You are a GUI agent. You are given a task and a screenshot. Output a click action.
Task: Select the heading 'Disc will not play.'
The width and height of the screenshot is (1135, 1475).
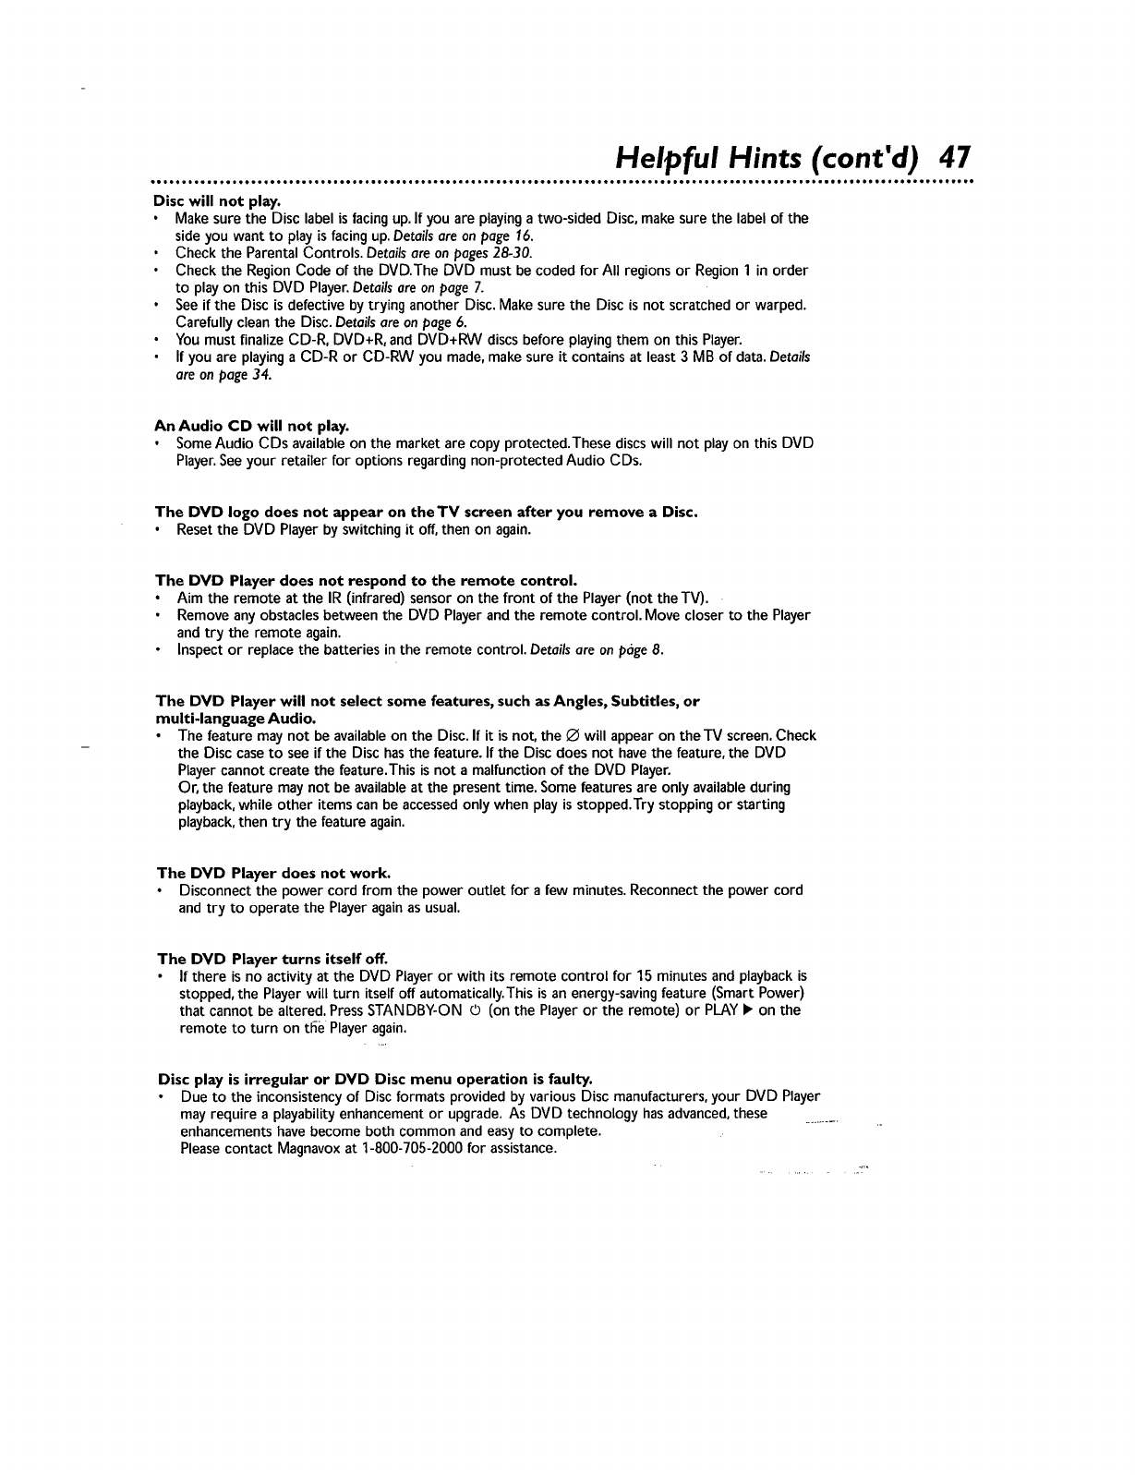(x=216, y=200)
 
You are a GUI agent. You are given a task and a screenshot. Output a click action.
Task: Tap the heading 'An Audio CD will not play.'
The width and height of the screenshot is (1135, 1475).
(x=251, y=426)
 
